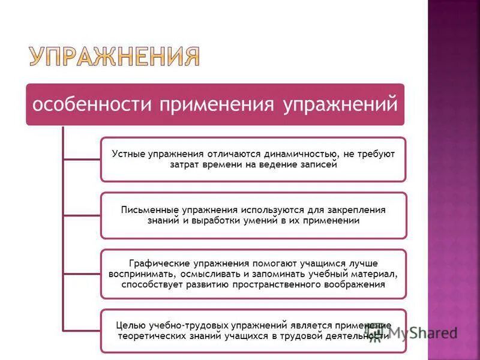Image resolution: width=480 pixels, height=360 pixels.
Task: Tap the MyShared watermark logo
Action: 414,333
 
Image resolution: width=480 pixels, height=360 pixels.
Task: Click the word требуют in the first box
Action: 377,154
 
